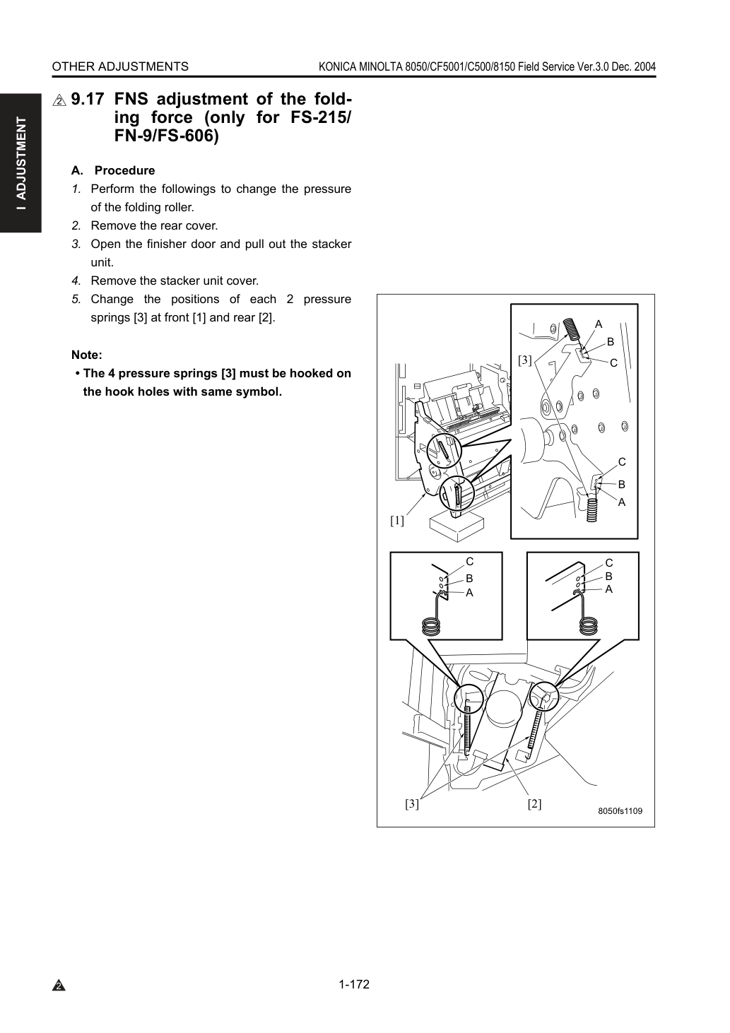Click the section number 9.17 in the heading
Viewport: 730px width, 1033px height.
87,99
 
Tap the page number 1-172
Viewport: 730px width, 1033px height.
354,984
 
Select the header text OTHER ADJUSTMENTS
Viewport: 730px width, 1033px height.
120,67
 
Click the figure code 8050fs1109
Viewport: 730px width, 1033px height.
620,810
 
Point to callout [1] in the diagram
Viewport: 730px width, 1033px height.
397,521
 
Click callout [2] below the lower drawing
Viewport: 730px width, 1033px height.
534,804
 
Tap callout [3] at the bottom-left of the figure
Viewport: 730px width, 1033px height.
412,804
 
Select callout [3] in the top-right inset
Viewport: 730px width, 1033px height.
525,360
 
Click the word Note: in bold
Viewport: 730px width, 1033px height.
87,355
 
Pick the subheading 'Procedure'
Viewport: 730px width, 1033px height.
124,170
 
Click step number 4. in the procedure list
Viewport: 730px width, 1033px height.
76,281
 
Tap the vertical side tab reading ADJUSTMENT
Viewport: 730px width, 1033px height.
21,164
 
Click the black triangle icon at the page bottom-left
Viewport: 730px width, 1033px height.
59,986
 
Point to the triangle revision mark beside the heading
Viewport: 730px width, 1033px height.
59,100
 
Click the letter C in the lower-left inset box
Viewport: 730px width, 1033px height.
469,562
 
